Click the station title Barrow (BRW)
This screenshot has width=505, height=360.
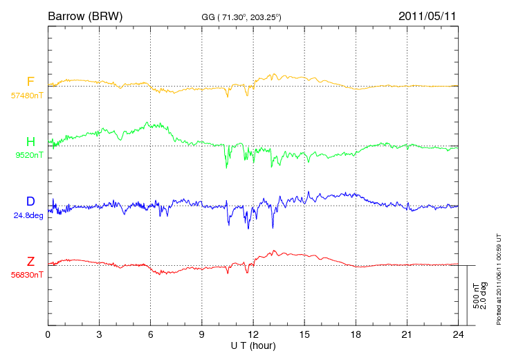point(85,16)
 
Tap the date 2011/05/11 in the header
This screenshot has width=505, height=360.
point(428,16)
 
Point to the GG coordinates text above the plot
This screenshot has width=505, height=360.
point(241,17)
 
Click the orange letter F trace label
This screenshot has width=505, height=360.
point(30,82)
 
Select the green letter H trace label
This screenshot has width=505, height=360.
point(30,141)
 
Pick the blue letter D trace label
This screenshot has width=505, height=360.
point(30,201)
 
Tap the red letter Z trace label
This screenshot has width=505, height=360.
point(30,261)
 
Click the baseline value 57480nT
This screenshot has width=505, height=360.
point(27,96)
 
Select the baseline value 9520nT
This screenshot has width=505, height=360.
point(29,155)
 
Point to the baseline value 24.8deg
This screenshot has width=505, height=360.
point(28,215)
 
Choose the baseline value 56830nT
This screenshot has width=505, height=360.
point(27,275)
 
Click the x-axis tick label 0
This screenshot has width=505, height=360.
point(48,334)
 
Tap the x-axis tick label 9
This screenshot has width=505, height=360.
point(201,334)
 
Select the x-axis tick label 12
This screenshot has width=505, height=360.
point(253,334)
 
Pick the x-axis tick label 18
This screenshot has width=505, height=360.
point(356,334)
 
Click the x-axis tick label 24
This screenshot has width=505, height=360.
point(458,334)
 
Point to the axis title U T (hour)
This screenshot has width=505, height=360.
point(253,346)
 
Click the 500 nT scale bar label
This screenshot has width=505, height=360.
point(476,296)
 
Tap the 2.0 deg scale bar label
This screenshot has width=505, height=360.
point(484,296)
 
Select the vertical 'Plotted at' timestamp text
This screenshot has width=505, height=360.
point(499,279)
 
